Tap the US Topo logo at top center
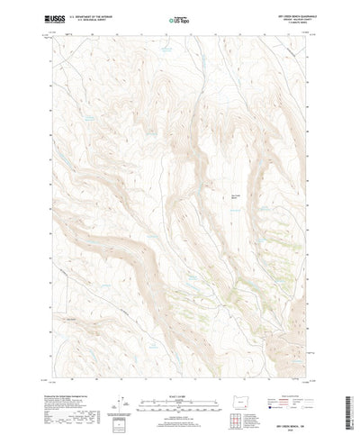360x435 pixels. (180, 19)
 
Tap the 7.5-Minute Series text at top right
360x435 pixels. (287, 23)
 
